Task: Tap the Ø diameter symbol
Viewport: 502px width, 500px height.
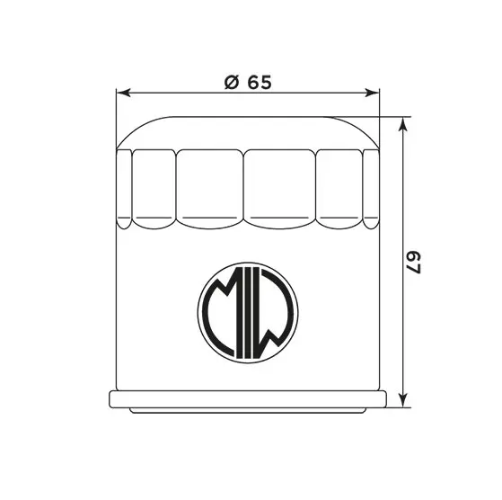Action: [x=231, y=82]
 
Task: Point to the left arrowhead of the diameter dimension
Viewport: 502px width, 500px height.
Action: [x=124, y=93]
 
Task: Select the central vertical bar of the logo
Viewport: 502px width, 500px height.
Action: [x=247, y=310]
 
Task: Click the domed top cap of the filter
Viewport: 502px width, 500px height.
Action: [x=247, y=130]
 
